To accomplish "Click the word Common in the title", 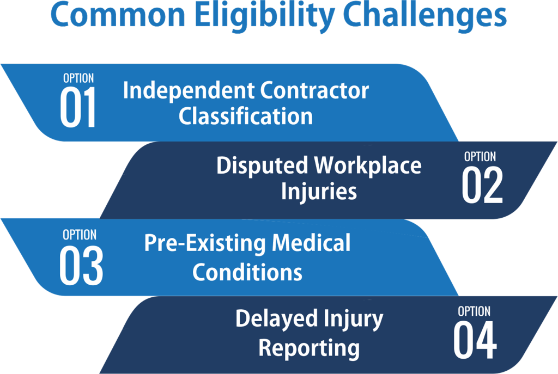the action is click(118, 14).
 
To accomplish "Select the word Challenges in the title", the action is click(426, 16).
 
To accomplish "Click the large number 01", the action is click(78, 107).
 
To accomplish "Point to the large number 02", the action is click(482, 185).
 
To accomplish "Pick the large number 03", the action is click(81, 266).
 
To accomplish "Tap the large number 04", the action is click(475, 340).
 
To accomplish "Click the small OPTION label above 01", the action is click(78, 78).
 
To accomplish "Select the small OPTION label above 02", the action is click(480, 156).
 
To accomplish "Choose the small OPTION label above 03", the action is click(80, 235).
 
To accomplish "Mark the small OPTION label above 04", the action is click(474, 311).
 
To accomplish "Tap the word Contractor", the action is click(314, 90).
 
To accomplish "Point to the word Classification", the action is click(246, 116).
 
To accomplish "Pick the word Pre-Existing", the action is click(205, 244).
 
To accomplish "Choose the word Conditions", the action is click(247, 272).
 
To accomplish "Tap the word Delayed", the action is click(276, 319).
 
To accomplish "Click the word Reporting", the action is click(309, 348).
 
